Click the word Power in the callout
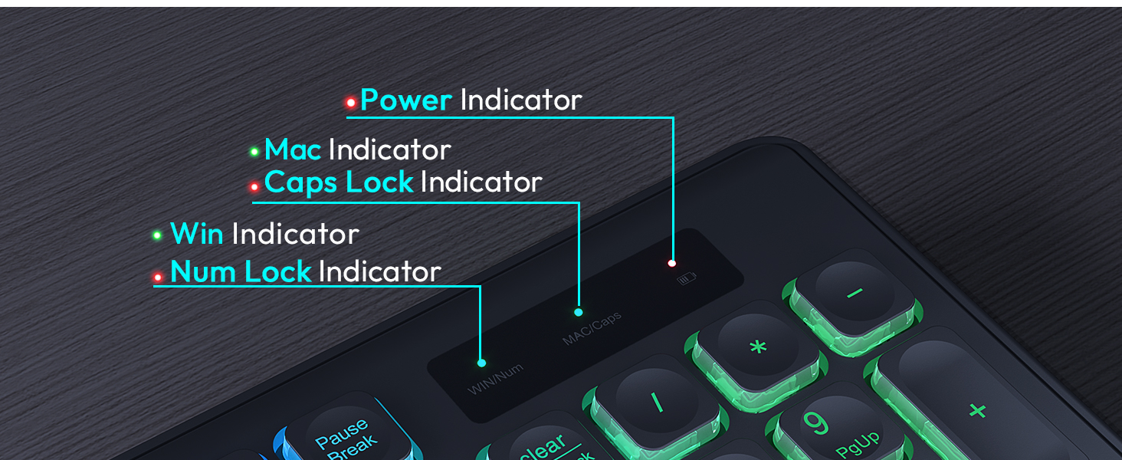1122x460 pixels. click(405, 100)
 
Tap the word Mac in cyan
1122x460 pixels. click(292, 149)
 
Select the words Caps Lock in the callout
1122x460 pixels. click(338, 182)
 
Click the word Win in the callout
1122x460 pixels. click(196, 234)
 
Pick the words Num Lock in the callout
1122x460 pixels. click(240, 272)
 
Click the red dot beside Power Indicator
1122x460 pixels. click(350, 102)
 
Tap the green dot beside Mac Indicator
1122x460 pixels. click(254, 152)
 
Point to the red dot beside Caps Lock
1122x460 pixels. click(254, 186)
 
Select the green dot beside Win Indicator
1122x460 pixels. click(157, 235)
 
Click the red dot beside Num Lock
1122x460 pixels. click(157, 277)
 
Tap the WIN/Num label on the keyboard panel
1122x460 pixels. click(495, 379)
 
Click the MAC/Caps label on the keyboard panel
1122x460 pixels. click(592, 328)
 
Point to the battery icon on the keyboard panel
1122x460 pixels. click(686, 279)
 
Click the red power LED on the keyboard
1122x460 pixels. click(672, 263)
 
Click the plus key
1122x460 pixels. click(976, 410)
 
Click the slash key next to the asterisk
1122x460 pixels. click(656, 402)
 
